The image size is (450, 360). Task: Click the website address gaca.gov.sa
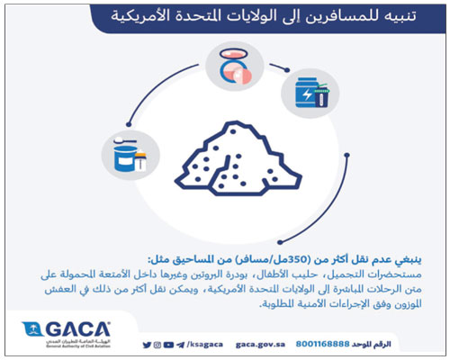[258, 344]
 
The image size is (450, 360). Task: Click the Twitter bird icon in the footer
[148, 344]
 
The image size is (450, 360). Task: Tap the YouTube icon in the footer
[158, 344]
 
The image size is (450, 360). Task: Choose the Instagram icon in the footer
[169, 344]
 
